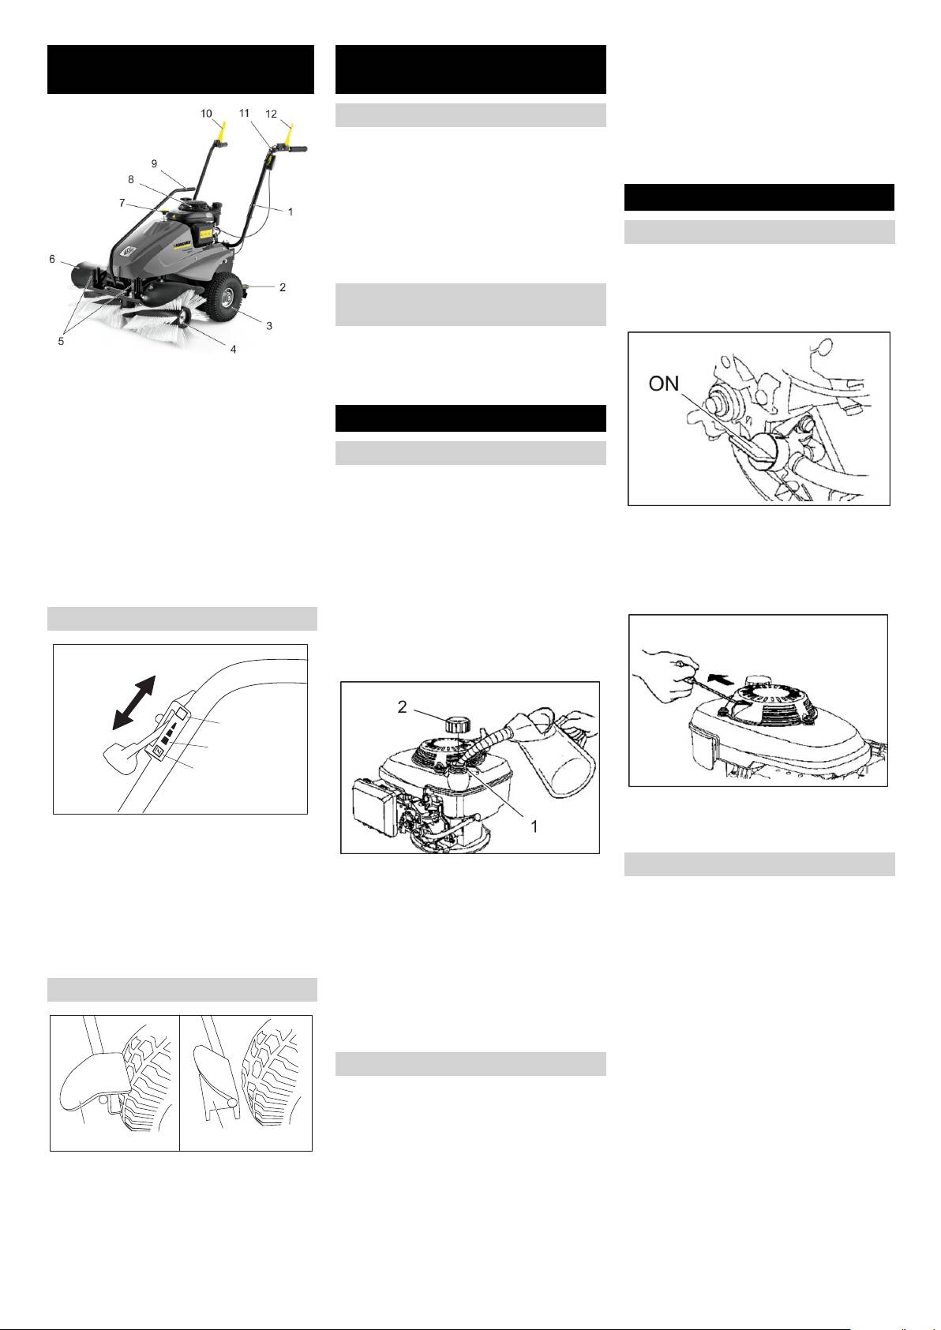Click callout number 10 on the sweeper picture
(206, 114)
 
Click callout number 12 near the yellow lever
(272, 114)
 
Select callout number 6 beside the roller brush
(52, 259)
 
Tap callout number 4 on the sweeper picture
(234, 349)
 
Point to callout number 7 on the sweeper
(122, 203)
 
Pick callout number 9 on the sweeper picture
(155, 163)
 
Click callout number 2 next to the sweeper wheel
(283, 287)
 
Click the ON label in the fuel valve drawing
(664, 384)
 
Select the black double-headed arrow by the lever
(133, 702)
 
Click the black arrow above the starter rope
(722, 677)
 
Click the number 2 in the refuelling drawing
(403, 706)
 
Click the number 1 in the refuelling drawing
(534, 826)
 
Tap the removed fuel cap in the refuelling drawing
(459, 725)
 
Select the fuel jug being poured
(559, 751)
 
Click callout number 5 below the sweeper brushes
(61, 342)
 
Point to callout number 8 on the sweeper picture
(131, 179)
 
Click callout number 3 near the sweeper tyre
(269, 326)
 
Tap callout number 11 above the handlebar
(244, 113)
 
